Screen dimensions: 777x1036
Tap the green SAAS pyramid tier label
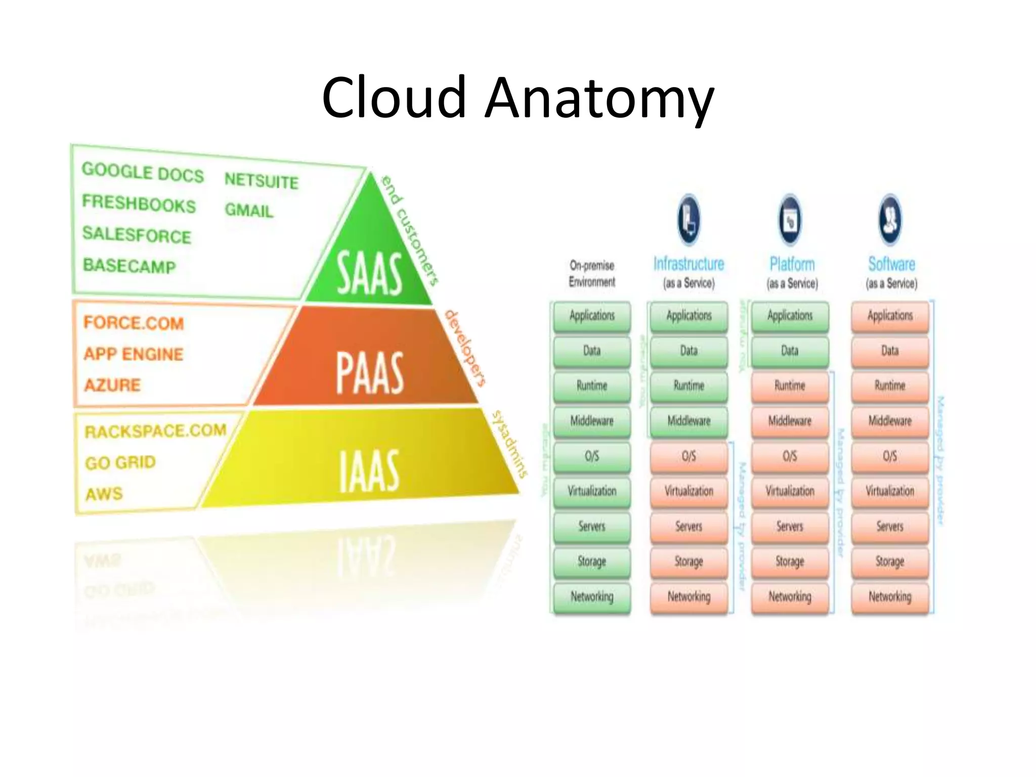[x=370, y=273]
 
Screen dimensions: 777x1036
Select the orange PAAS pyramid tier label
[x=370, y=373]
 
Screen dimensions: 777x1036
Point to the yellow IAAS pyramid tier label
[x=369, y=471]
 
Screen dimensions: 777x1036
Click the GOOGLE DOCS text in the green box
[x=143, y=172]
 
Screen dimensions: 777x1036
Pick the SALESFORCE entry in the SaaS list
[x=137, y=235]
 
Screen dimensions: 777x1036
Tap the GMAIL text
[x=249, y=210]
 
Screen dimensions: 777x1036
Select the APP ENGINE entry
[x=134, y=354]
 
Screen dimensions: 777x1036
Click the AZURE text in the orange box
[x=112, y=385]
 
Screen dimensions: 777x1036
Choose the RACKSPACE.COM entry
[x=155, y=431]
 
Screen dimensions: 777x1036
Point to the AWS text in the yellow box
[x=104, y=493]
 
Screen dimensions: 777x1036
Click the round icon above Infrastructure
[x=688, y=220]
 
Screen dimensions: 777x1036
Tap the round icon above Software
[x=890, y=220]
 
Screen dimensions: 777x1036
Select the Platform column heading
[x=792, y=265]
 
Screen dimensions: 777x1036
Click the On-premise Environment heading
[x=592, y=274]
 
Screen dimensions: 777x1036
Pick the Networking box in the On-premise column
[x=592, y=597]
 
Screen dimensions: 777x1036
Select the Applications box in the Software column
[x=890, y=316]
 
